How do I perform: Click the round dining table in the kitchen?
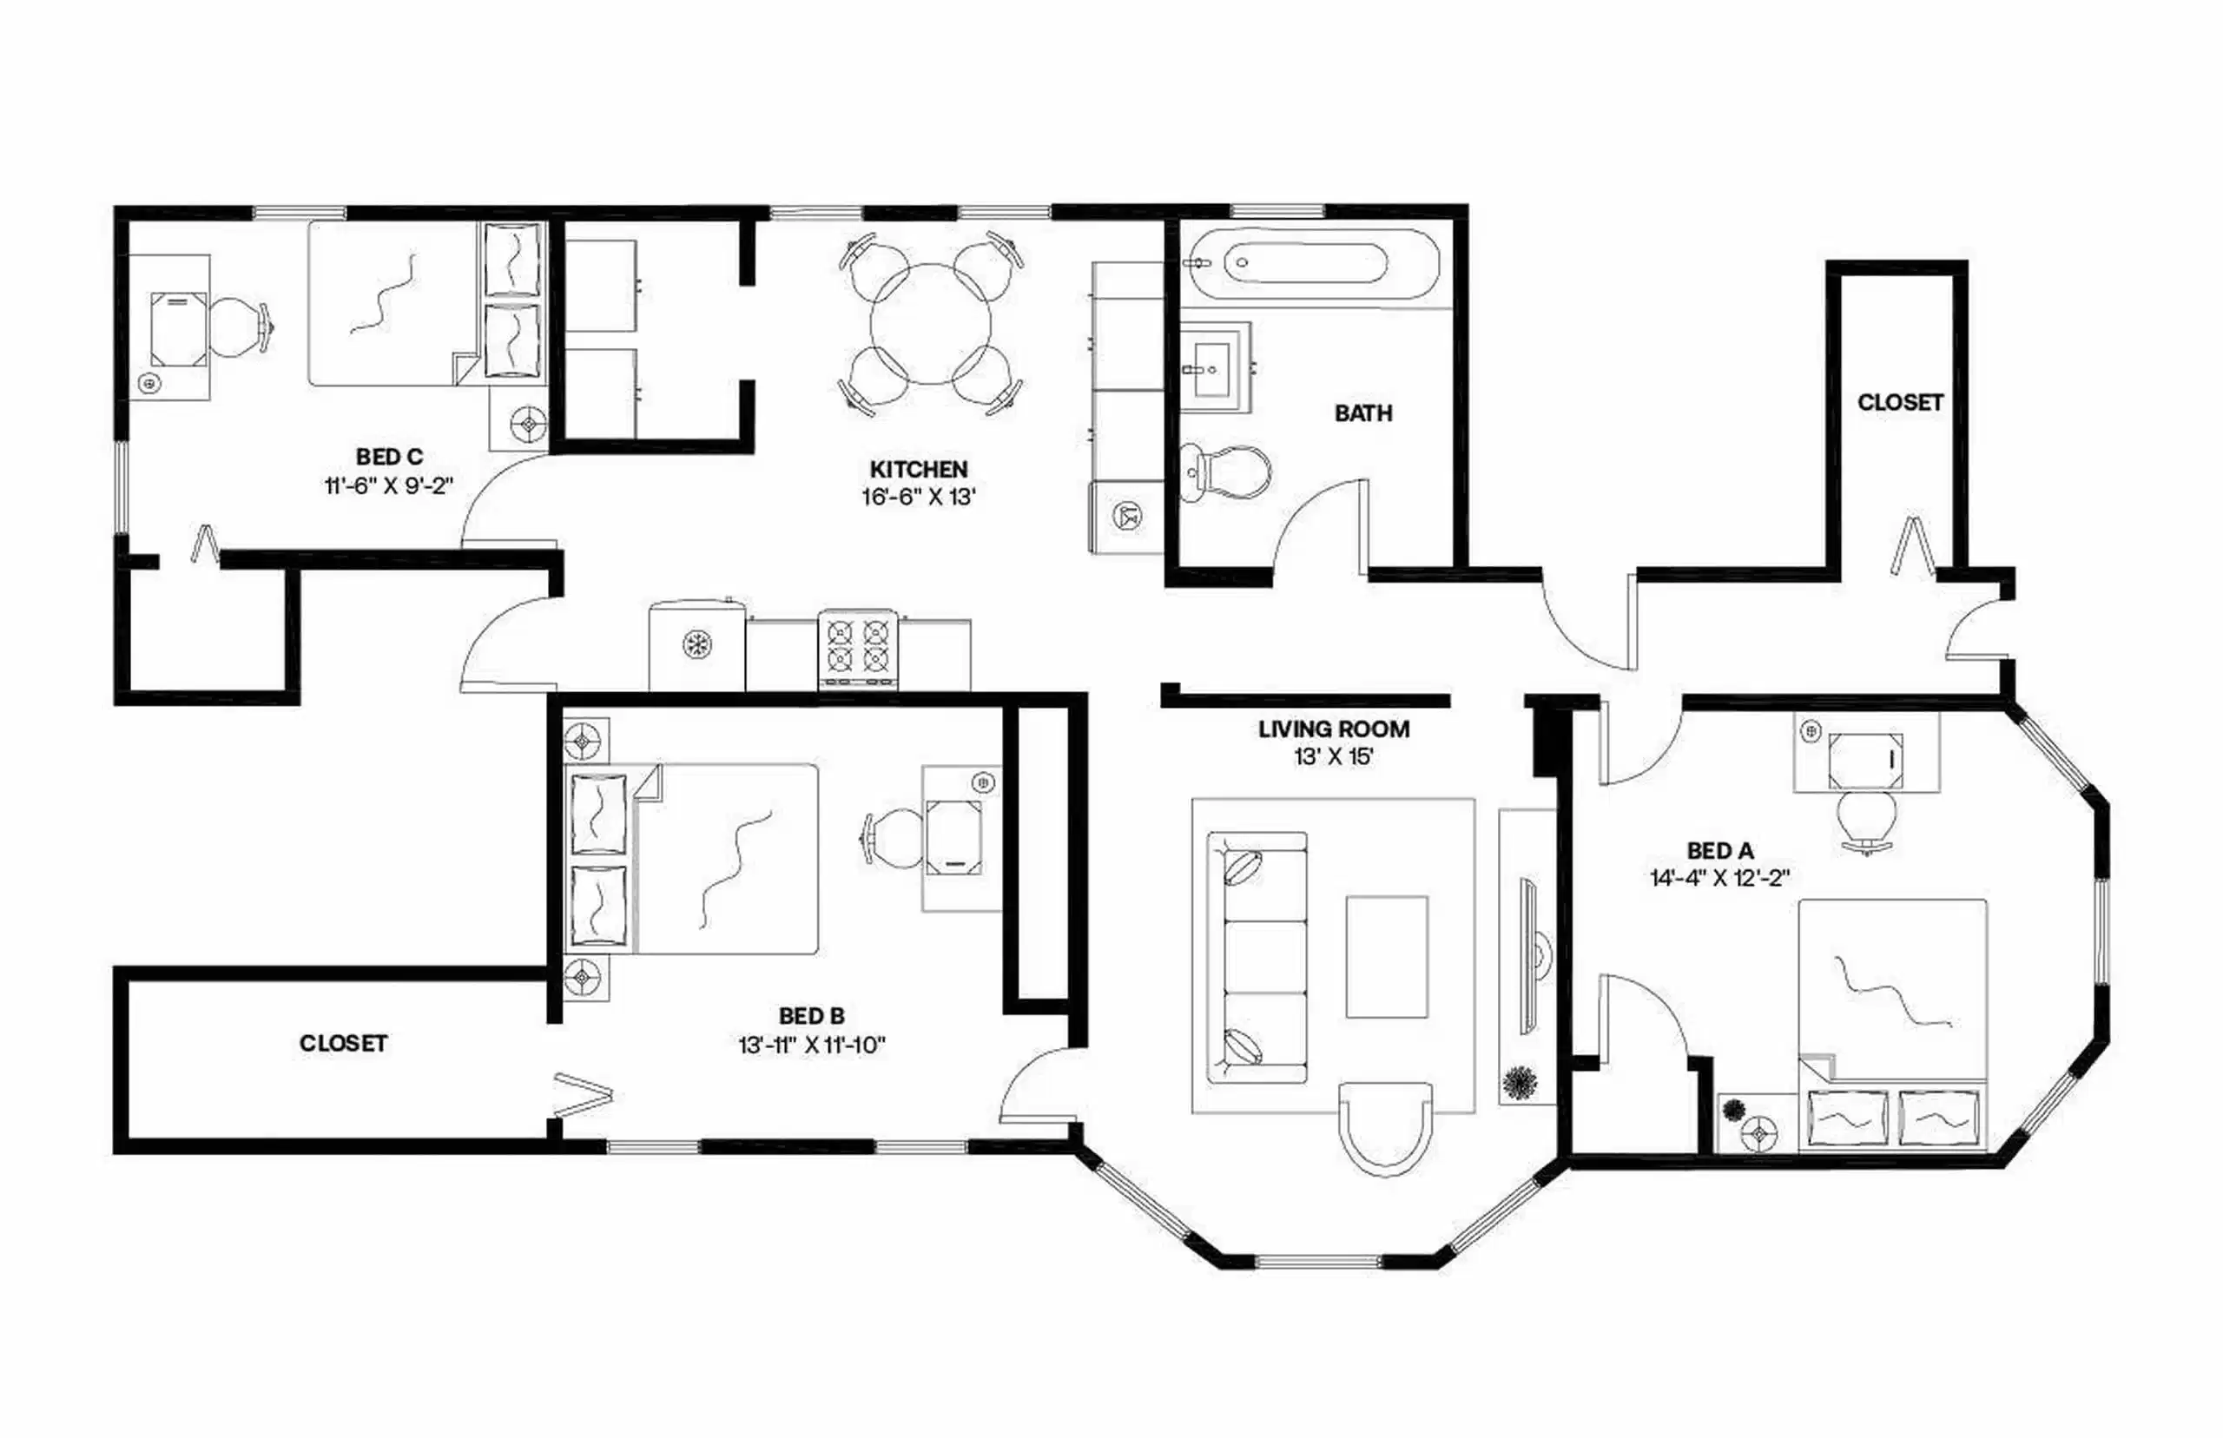coord(930,323)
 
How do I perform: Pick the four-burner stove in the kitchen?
coord(858,646)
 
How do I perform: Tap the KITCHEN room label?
coord(918,469)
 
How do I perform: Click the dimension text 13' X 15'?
coord(1332,756)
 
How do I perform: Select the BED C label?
coord(389,457)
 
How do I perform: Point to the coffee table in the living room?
coord(1386,956)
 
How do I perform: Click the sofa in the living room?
coord(1256,958)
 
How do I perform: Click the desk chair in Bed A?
coord(1865,819)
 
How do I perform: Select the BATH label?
coord(1362,412)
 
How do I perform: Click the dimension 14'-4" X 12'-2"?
coord(1718,878)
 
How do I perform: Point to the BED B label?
coord(811,1016)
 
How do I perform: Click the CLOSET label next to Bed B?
coord(343,1043)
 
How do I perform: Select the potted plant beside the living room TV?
coord(1520,1083)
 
